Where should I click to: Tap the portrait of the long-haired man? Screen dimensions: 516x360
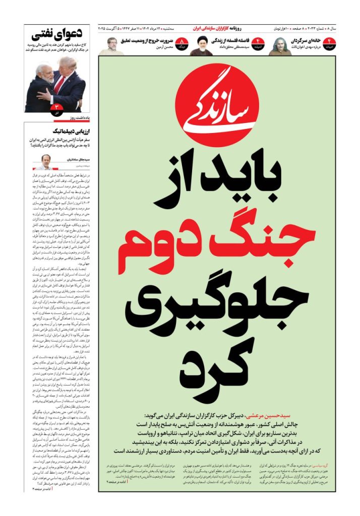[280, 46]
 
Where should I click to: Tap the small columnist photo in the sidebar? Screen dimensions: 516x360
[46, 162]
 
